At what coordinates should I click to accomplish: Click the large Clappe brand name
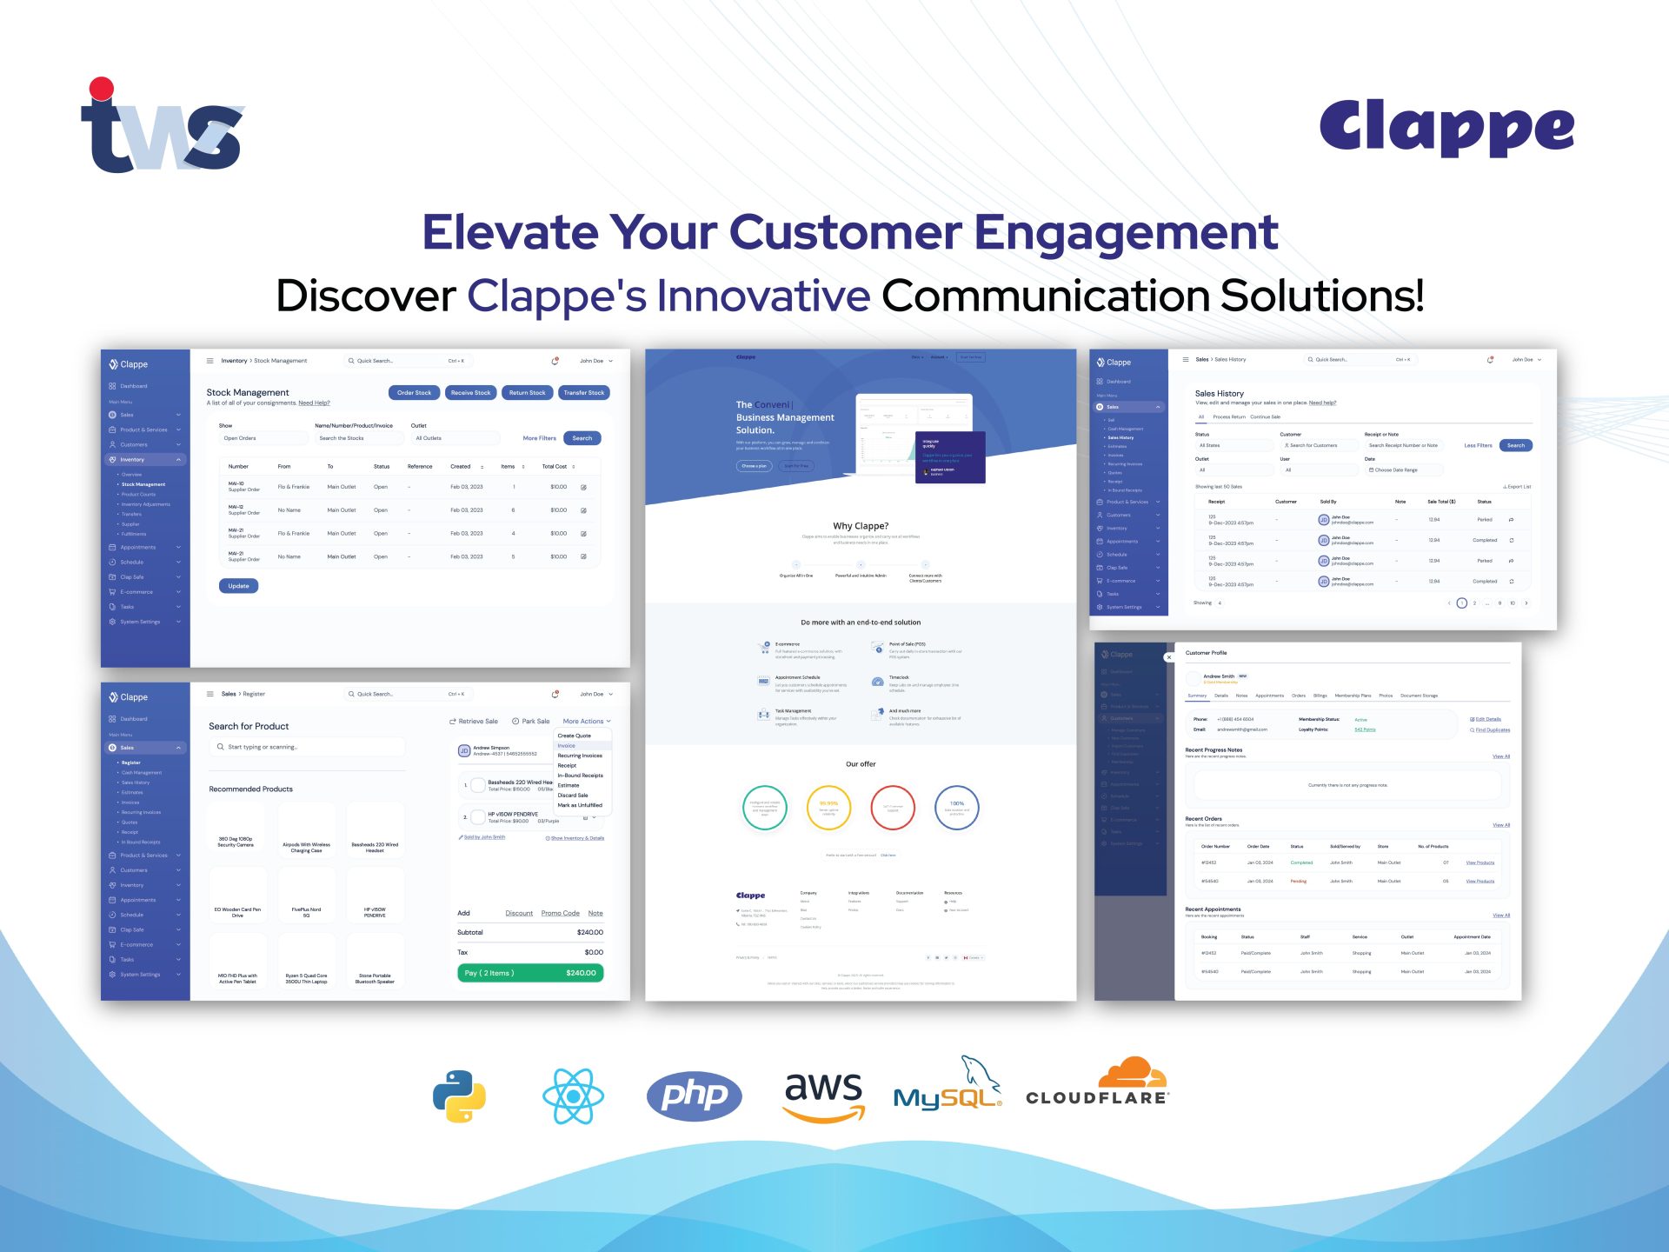point(1446,128)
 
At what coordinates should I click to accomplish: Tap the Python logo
point(459,1095)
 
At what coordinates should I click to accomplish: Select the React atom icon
point(573,1096)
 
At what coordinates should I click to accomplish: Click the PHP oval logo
point(694,1095)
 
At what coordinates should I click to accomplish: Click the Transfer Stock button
point(583,393)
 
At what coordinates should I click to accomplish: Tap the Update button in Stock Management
point(238,586)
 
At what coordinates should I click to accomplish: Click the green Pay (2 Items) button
point(530,973)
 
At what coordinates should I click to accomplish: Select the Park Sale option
point(531,722)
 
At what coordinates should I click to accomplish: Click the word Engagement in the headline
point(1126,232)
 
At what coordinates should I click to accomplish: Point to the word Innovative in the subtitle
point(763,296)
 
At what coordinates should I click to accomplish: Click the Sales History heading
point(1219,394)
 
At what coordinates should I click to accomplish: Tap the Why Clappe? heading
point(861,526)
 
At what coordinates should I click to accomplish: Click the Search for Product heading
point(249,727)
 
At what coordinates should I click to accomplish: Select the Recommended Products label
point(250,789)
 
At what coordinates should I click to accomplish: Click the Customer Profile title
point(1206,653)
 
